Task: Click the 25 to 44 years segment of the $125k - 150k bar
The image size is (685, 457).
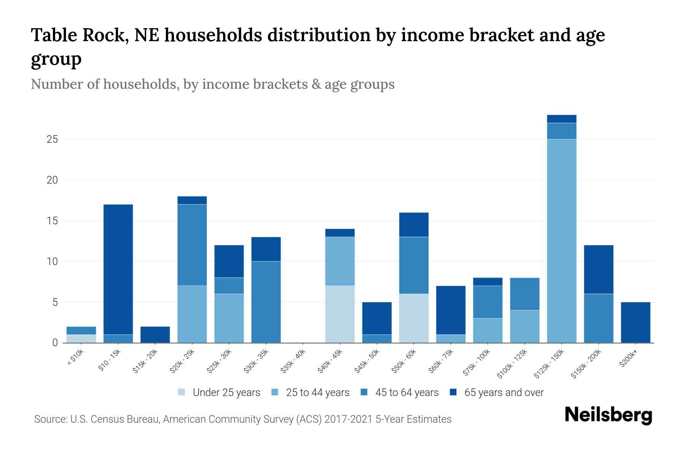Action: [561, 241]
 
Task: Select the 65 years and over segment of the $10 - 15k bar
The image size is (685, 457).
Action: [118, 269]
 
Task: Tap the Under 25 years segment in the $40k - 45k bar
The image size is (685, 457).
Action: [340, 314]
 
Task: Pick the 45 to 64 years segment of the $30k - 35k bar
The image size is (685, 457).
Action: [266, 302]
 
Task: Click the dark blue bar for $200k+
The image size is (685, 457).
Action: [635, 322]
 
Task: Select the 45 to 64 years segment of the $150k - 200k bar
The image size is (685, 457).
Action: [598, 318]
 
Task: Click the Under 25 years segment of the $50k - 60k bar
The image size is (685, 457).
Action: [414, 318]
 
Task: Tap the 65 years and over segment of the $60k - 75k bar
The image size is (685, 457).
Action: [451, 310]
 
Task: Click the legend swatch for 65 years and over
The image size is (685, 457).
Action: [453, 392]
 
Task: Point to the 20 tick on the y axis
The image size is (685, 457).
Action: [52, 180]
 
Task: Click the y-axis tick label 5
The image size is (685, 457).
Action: [54, 302]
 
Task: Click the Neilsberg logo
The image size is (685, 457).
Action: [608, 415]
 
